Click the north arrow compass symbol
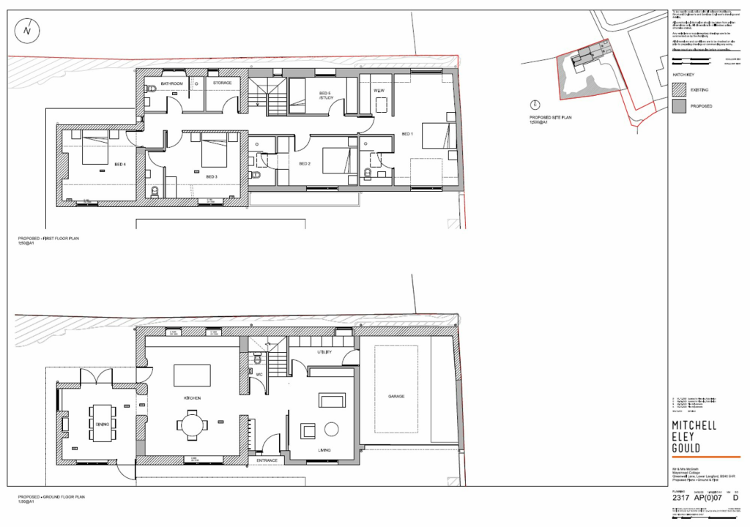(27, 30)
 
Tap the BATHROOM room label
(172, 83)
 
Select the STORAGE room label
(222, 83)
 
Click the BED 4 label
(119, 165)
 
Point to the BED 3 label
(212, 176)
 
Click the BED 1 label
(407, 134)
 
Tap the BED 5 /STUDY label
(325, 95)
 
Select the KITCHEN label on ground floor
(192, 397)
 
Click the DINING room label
(101, 425)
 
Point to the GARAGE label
(396, 396)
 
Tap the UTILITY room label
(324, 353)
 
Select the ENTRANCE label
(267, 460)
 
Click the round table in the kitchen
(191, 425)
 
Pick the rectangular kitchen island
(193, 375)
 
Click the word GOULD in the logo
(686, 448)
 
